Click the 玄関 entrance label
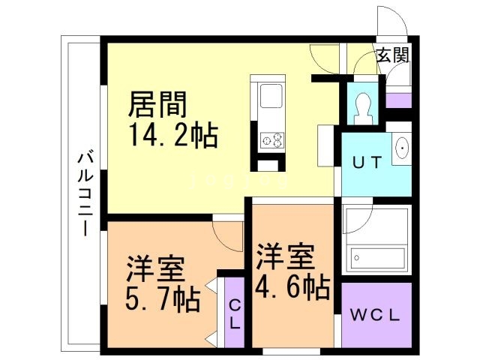[391, 55]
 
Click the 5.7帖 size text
[162, 299]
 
